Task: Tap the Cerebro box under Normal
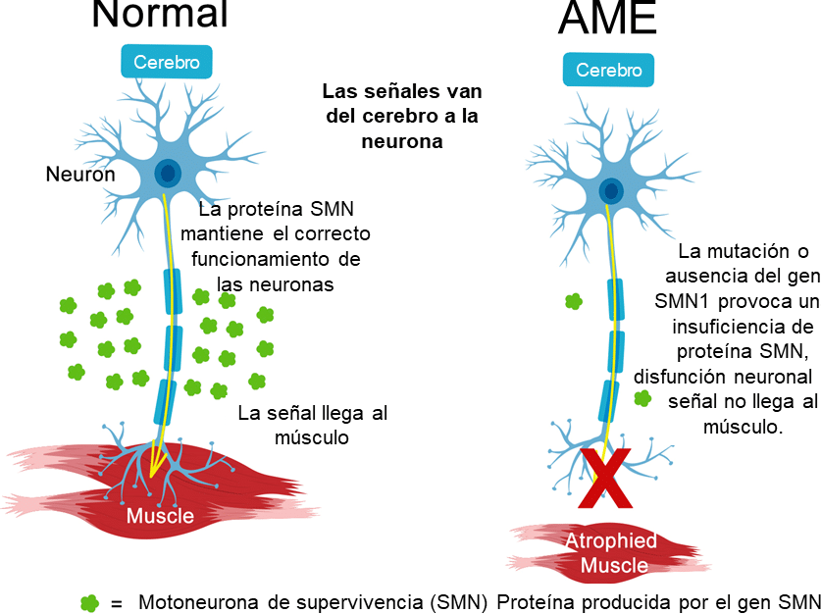pyautogui.click(x=167, y=63)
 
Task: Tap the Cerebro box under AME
pyautogui.click(x=608, y=71)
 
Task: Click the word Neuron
pyautogui.click(x=80, y=175)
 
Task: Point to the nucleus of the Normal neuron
pyautogui.click(x=169, y=174)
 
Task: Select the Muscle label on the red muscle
pyautogui.click(x=160, y=516)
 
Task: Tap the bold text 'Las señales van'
pyautogui.click(x=402, y=92)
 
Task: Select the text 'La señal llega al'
pyautogui.click(x=313, y=413)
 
